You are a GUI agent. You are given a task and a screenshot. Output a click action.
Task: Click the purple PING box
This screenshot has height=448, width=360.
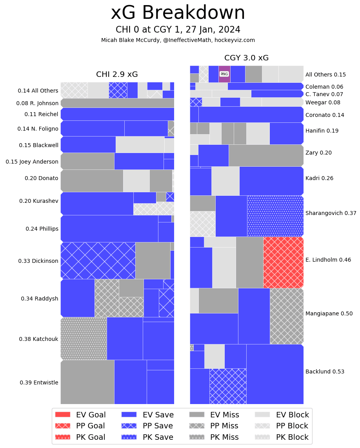(224, 74)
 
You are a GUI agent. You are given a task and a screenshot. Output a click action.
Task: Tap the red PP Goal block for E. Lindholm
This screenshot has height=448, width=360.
(283, 262)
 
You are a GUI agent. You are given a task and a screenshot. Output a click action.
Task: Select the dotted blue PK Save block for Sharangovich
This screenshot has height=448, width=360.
(275, 216)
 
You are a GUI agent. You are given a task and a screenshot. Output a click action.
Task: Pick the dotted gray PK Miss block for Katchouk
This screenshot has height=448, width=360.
(84, 339)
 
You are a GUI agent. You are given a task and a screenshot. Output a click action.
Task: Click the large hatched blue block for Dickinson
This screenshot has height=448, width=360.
(98, 260)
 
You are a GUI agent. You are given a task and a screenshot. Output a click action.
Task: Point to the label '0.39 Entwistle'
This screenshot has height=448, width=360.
(39, 382)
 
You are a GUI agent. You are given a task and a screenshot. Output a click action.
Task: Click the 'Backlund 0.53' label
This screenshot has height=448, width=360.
(325, 372)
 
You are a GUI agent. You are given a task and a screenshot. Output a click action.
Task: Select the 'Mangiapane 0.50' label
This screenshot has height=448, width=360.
(329, 313)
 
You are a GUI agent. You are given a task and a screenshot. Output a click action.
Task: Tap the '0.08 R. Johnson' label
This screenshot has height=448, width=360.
(37, 104)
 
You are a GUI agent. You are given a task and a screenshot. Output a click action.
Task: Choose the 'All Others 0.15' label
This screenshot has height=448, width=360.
(325, 75)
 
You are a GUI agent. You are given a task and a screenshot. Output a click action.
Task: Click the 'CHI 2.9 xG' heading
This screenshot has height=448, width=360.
(117, 75)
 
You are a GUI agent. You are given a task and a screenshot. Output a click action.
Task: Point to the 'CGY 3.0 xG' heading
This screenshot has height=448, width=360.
(246, 58)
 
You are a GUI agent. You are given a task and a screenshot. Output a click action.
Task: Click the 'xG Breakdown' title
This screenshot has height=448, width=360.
(178, 13)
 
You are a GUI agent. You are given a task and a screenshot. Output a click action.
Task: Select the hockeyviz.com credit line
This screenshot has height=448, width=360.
(178, 40)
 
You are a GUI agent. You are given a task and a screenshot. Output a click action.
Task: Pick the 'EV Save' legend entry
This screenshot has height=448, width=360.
(147, 415)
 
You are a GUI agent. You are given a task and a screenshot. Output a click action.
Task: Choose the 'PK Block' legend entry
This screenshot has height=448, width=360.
(282, 437)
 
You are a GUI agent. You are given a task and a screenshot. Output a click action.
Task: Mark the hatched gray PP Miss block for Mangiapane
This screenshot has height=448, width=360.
(287, 316)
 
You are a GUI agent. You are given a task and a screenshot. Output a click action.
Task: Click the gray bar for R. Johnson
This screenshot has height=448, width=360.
(117, 103)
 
